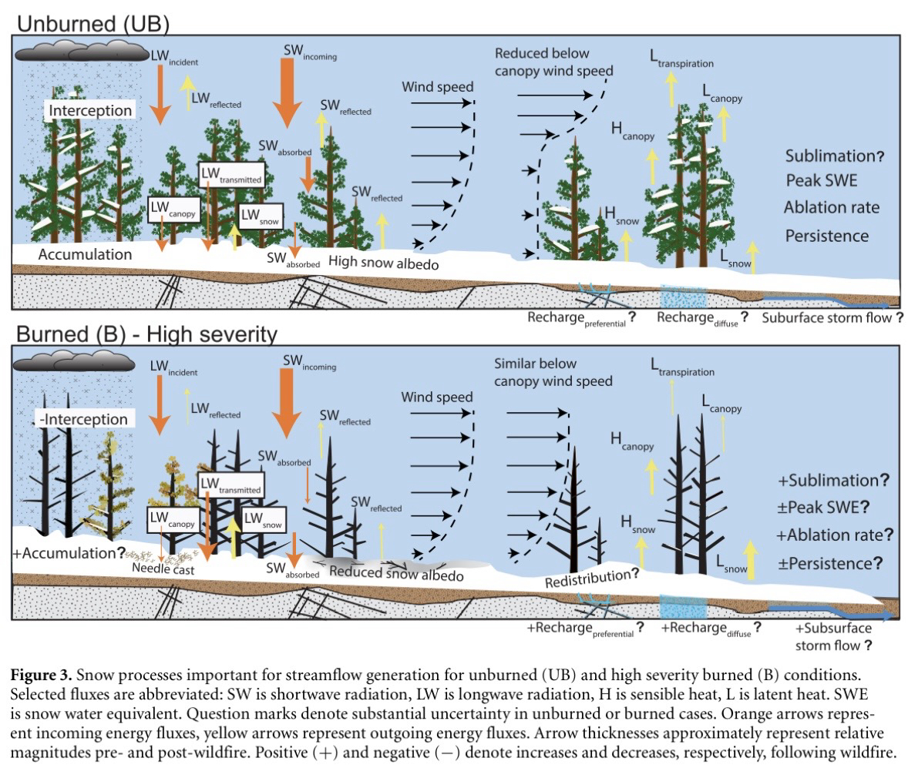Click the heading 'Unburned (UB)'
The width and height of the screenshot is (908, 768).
point(92,22)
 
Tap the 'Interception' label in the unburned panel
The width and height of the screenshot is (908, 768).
point(91,110)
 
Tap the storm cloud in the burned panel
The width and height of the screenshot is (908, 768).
point(82,361)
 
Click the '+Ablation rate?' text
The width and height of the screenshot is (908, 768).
point(836,535)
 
